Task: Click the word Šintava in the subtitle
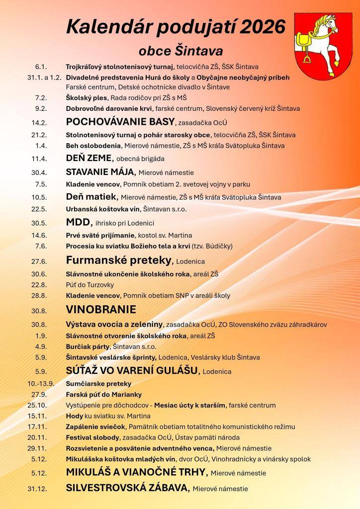[x=200, y=51]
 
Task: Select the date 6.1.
[x=41, y=67]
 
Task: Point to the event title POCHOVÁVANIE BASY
[x=120, y=121]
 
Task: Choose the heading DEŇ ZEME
[x=89, y=159]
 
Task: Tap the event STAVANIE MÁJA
[x=100, y=172]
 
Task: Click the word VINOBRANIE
[x=101, y=309]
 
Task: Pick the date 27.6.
[x=39, y=260]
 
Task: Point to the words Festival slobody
[x=92, y=437]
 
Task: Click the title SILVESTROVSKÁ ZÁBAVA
[x=127, y=488]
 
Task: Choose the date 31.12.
[x=37, y=489]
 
